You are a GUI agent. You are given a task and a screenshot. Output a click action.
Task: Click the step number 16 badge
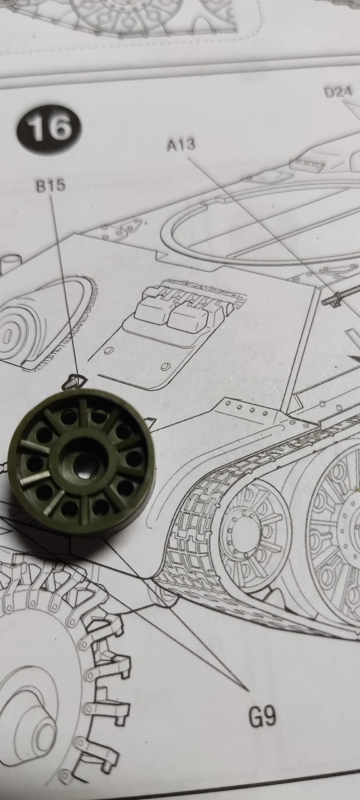coord(49,127)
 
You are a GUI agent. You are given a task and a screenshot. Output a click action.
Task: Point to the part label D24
coord(338,92)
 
